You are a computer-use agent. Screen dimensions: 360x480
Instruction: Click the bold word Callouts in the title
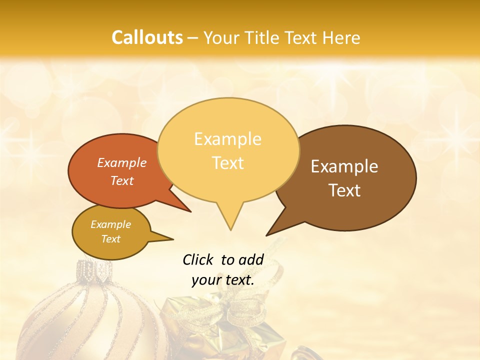click(147, 37)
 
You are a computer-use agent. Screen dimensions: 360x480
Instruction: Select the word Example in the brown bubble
click(344, 166)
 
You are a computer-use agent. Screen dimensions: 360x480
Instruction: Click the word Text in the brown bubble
click(344, 190)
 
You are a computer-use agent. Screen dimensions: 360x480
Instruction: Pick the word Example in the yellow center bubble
click(227, 139)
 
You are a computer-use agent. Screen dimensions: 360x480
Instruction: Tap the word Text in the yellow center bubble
click(227, 162)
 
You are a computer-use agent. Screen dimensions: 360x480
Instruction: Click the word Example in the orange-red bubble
click(122, 162)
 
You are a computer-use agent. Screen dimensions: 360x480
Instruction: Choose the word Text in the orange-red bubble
click(122, 180)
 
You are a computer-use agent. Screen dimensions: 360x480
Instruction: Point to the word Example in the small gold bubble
click(110, 224)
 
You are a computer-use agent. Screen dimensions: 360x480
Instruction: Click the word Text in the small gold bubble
click(110, 239)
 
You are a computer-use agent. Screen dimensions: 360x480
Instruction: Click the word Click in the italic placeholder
click(198, 259)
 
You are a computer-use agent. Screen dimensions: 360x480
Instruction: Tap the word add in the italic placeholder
click(251, 259)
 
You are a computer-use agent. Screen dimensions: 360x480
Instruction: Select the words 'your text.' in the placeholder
click(223, 280)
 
